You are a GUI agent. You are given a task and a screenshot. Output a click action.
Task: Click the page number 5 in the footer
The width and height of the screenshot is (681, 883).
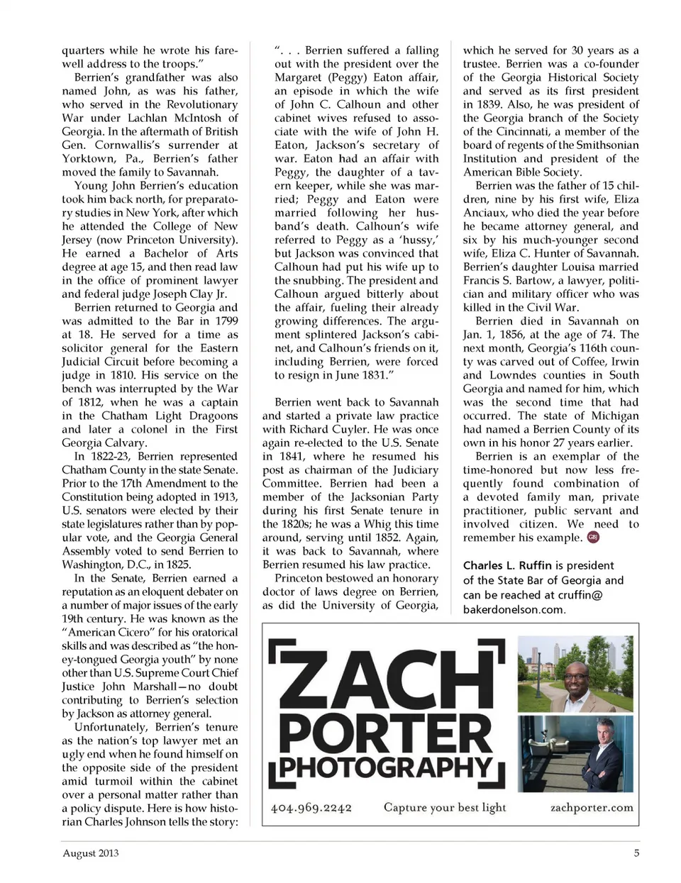click(x=636, y=853)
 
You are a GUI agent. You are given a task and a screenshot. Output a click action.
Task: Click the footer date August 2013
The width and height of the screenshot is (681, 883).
click(x=91, y=853)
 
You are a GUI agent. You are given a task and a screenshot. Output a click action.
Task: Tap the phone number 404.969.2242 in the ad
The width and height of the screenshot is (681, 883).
click(x=311, y=808)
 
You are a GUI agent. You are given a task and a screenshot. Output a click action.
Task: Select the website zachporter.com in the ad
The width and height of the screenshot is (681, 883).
click(x=592, y=808)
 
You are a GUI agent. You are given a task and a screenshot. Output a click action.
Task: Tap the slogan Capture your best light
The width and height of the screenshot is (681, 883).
click(x=445, y=807)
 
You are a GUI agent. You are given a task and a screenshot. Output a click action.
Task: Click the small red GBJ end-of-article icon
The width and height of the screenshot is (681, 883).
click(x=593, y=538)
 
